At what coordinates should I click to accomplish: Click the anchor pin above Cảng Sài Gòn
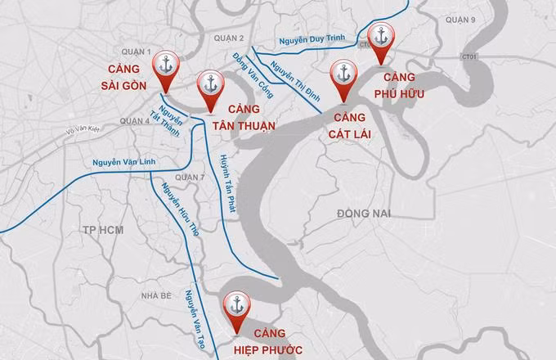pos(168,65)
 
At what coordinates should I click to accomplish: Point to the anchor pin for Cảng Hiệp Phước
pos(237,305)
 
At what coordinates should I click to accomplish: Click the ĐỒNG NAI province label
pos(365,214)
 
